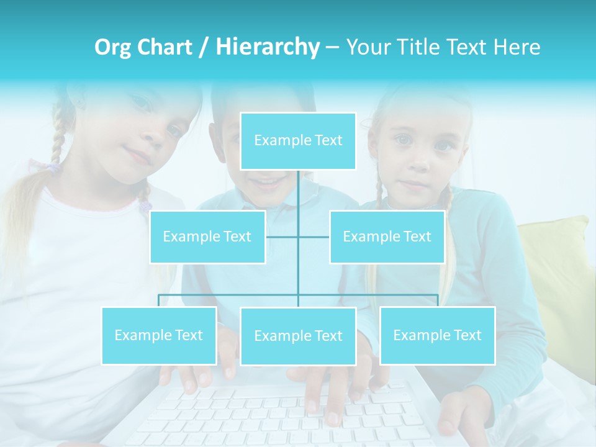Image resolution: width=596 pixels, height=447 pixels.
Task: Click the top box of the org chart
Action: [298, 141]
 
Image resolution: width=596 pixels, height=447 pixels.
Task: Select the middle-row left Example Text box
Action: [207, 237]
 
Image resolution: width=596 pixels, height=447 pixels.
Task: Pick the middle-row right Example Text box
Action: [387, 237]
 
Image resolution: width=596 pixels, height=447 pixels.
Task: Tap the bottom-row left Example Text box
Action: [159, 335]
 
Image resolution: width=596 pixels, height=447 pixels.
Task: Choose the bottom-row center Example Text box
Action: [298, 336]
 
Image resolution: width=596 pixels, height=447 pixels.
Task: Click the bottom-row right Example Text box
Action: [437, 335]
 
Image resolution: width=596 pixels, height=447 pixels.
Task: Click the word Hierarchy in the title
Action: [268, 47]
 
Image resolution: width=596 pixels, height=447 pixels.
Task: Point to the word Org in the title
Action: [114, 47]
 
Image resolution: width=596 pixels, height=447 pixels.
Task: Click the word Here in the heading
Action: [517, 47]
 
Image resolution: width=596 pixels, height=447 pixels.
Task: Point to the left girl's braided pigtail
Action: [57, 143]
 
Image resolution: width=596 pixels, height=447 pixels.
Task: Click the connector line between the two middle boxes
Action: [298, 237]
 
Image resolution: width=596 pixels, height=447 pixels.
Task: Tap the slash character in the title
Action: [204, 47]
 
